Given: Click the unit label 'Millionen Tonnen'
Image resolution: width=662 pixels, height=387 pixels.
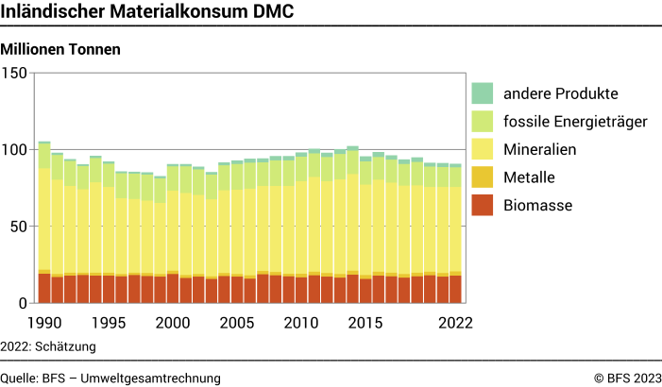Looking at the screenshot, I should (61, 48).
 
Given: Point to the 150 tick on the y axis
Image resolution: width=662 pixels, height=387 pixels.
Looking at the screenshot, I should (15, 73).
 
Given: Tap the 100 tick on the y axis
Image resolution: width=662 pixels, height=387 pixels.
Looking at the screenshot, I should (15, 150).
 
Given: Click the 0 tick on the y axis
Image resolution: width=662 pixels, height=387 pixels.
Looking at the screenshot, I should (24, 303).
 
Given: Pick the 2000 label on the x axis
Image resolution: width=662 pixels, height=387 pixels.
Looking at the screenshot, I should (172, 323).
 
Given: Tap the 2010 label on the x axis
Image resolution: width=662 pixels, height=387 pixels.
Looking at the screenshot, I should (300, 323).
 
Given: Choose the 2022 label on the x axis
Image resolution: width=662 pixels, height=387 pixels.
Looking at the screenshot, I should (455, 323).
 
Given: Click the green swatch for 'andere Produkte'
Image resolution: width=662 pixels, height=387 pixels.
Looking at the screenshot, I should (483, 93).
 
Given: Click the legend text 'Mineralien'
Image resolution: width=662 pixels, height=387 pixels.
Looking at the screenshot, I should (540, 149).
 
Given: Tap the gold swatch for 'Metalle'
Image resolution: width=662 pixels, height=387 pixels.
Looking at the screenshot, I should (483, 177).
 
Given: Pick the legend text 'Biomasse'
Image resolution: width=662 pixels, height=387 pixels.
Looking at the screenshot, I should (537, 205).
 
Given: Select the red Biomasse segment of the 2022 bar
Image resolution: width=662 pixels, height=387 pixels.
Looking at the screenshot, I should (455, 289).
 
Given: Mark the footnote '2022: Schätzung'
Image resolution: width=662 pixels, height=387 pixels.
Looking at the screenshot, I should (48, 346).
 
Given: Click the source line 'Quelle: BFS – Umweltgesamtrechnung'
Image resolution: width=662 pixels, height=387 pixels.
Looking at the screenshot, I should (110, 378).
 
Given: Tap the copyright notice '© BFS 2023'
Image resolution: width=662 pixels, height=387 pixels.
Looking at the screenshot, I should (627, 378).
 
